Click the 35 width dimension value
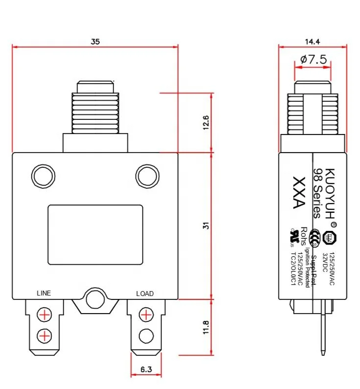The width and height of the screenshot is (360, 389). [95, 42]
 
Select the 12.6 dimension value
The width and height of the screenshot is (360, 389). [206, 122]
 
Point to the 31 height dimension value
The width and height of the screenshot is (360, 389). [206, 226]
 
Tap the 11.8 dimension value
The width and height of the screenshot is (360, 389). [206, 327]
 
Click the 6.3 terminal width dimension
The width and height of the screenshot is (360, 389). [145, 370]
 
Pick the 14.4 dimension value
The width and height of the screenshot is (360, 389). [312, 42]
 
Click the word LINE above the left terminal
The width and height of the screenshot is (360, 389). [44, 293]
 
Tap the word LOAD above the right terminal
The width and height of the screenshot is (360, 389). [145, 294]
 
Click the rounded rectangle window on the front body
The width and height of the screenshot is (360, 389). [95, 235]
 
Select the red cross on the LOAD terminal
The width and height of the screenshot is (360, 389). [145, 314]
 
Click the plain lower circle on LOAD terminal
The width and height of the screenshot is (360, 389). [145, 336]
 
